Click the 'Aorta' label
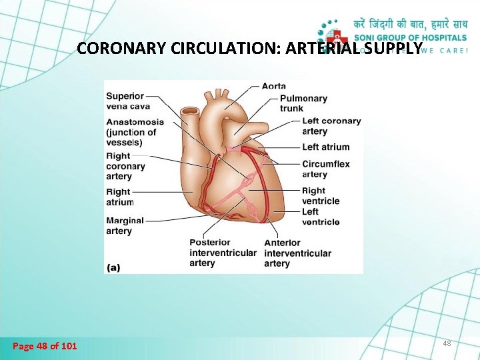[x=274, y=86]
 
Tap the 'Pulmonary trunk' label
[x=303, y=103]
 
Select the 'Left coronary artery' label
[x=331, y=126]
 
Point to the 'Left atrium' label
[x=325, y=147]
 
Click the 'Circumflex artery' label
[x=325, y=169]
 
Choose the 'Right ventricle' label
[x=321, y=196]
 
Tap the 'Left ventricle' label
[x=321, y=217]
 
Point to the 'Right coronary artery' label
[x=125, y=166]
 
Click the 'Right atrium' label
[x=120, y=197]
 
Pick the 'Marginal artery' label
[x=125, y=225]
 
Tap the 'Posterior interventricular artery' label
[x=222, y=253]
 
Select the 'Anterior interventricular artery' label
[x=297, y=253]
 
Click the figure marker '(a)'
[x=113, y=267]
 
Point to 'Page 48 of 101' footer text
[x=45, y=345]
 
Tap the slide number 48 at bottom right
[x=446, y=343]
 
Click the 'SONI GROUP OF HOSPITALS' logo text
[x=410, y=37]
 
